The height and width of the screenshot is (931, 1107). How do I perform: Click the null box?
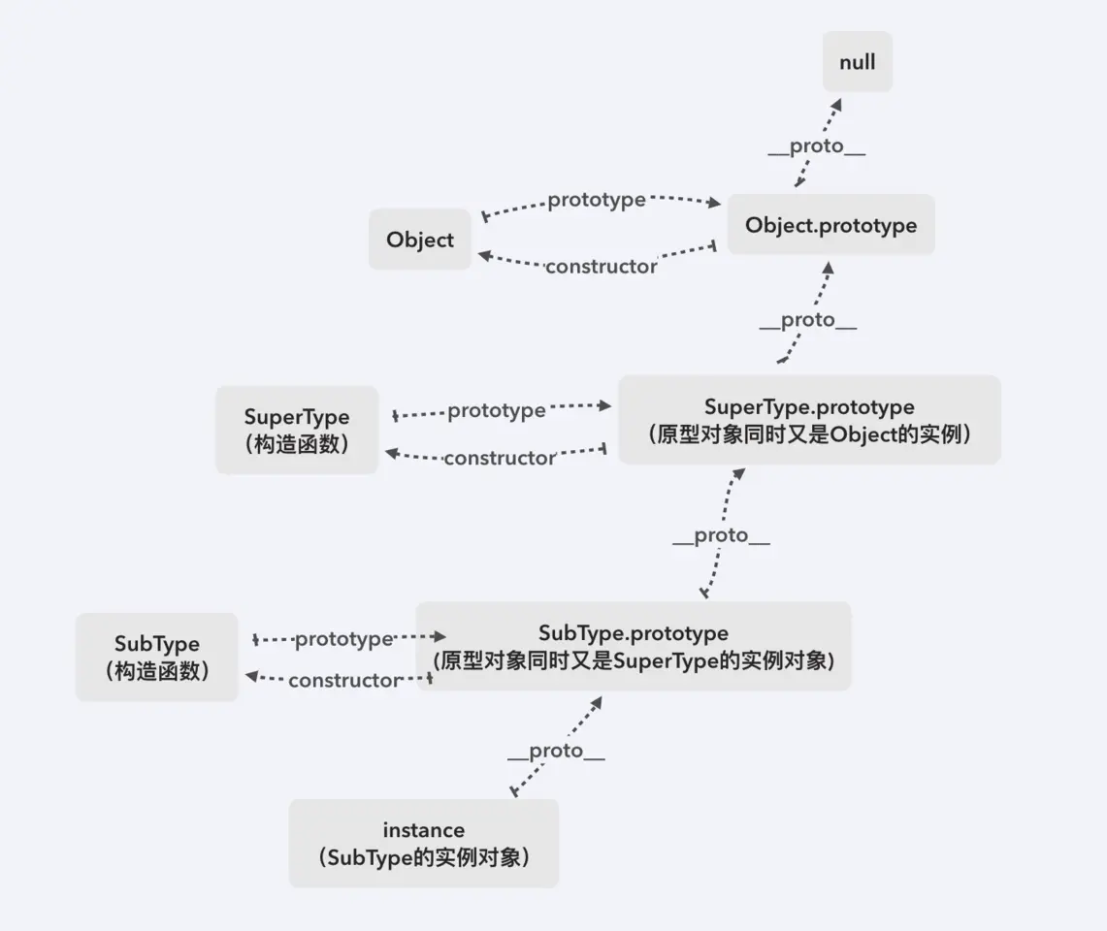click(858, 62)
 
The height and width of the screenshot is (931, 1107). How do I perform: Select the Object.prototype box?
click(830, 225)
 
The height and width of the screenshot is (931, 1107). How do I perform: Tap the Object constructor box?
click(419, 240)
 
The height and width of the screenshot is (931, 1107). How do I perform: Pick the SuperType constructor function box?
click(297, 430)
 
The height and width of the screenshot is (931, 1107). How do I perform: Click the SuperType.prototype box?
click(809, 420)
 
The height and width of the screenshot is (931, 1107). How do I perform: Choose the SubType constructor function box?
click(157, 657)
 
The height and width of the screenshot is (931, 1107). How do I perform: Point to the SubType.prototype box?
click(633, 646)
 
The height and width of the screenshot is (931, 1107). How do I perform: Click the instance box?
click(424, 843)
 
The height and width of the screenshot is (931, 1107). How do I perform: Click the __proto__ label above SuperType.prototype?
click(807, 321)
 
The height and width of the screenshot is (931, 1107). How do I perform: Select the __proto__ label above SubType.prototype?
click(721, 535)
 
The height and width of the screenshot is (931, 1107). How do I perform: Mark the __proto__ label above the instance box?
click(556, 751)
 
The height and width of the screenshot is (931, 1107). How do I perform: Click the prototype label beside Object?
click(597, 200)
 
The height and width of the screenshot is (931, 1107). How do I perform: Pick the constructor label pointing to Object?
click(601, 266)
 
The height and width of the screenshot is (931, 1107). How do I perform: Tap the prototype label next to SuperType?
click(496, 410)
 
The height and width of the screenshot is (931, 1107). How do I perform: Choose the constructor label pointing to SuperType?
click(500, 458)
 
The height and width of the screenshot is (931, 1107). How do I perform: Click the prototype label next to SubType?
click(343, 639)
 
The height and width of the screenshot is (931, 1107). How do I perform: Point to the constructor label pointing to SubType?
click(344, 680)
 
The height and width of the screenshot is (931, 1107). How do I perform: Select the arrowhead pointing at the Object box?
click(483, 255)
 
